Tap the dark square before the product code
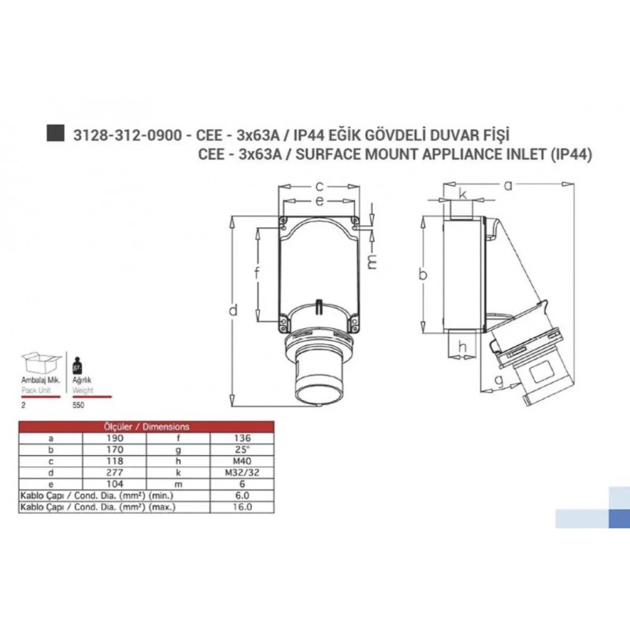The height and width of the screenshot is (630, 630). click(55, 134)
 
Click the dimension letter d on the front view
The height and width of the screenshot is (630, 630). click(234, 311)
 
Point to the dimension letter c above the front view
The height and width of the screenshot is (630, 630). click(319, 186)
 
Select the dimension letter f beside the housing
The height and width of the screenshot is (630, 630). click(258, 274)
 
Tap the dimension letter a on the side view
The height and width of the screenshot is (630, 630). click(508, 185)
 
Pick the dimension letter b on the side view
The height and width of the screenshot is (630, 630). click(423, 274)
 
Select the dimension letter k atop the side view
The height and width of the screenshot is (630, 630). click(463, 194)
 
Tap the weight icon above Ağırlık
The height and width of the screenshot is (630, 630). click(76, 367)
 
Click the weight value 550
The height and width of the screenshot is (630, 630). click(78, 404)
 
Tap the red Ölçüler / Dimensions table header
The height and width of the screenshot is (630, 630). click(147, 426)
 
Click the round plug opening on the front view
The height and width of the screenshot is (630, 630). click(318, 389)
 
